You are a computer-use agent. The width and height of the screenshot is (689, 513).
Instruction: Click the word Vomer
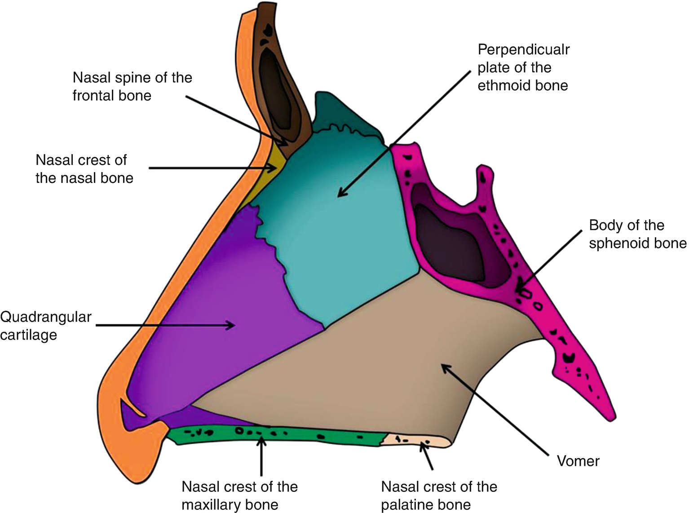click(x=578, y=461)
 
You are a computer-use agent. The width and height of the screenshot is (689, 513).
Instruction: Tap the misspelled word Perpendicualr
click(x=523, y=49)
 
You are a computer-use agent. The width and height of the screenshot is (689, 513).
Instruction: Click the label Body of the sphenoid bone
click(x=637, y=234)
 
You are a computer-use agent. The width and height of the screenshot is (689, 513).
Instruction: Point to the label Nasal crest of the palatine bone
click(x=438, y=495)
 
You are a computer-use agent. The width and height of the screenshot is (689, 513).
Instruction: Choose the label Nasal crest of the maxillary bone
click(x=239, y=495)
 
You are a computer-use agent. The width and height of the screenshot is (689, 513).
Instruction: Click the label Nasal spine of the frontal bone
click(x=132, y=86)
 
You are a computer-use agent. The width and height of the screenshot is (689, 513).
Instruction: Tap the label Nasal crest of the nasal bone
click(x=84, y=169)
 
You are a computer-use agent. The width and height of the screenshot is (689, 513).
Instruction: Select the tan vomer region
click(x=382, y=359)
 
